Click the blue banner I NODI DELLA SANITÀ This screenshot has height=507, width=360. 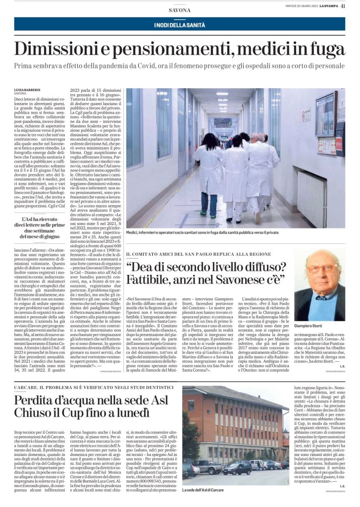pyautogui.click(x=179, y=24)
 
